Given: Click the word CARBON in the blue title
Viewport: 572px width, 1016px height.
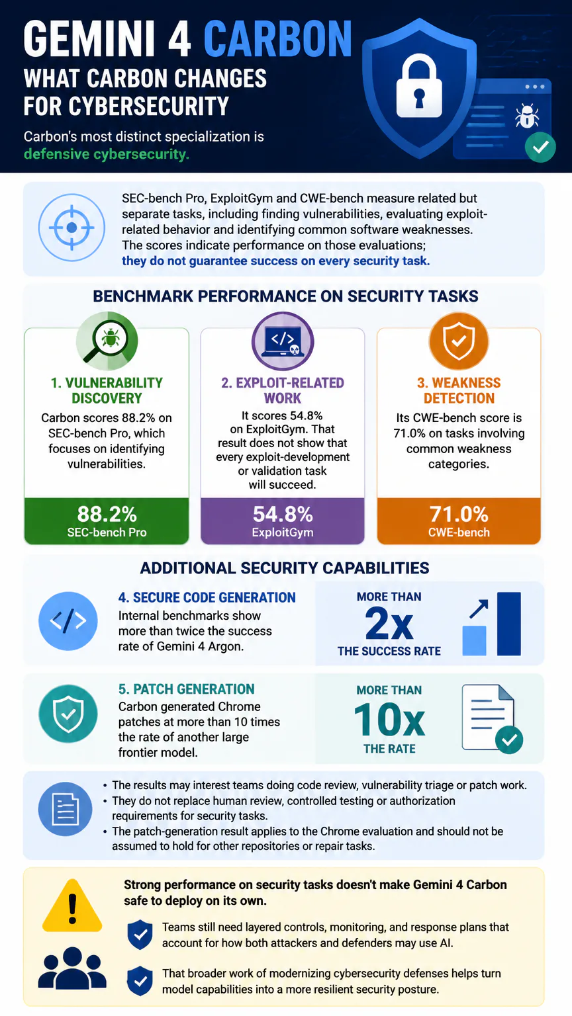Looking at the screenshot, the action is point(278,39).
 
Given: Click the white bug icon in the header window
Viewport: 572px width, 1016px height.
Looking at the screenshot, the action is point(526,116).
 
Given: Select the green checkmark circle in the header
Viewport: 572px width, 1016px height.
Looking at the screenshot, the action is point(540,147).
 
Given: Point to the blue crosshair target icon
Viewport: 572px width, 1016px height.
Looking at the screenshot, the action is point(71,228).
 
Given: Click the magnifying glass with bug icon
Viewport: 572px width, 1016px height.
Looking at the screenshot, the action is point(107,341).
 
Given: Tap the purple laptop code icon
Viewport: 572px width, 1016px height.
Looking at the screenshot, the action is point(283,341).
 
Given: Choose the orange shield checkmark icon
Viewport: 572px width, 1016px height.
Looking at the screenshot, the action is point(459,341).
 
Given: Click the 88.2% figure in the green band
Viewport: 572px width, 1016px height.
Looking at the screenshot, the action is point(107,515).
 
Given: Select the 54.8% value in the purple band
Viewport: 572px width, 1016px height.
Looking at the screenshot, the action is point(283,515).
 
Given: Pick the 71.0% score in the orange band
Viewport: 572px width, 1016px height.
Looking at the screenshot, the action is point(459,515).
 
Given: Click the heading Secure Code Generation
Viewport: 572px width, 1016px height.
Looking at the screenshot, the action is point(207,597).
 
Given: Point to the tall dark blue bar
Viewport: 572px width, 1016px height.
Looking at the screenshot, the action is point(509,624).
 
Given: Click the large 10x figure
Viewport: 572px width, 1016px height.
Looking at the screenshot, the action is point(389,720).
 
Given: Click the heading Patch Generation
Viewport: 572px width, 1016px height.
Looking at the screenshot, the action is point(187,689).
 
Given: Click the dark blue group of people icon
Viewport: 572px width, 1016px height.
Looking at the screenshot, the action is point(72,968).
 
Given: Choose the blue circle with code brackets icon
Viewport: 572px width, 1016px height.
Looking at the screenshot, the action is point(68,621).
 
